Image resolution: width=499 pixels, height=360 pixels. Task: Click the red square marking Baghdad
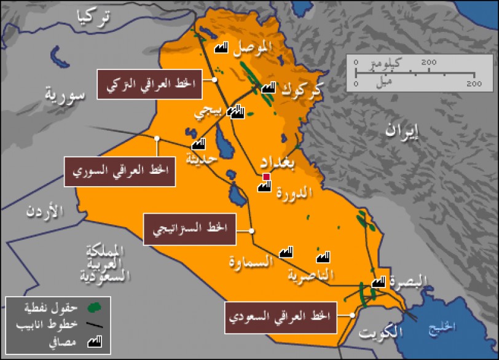[x=266, y=178]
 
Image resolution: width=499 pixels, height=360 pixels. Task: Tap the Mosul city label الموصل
[x=253, y=47]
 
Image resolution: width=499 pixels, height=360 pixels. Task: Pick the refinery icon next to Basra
[x=379, y=282]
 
